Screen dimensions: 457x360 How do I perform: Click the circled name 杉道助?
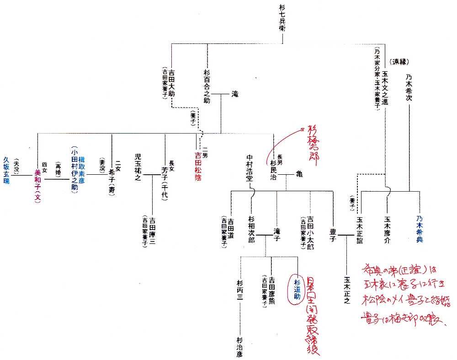297,289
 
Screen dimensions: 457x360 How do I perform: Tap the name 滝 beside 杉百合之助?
235,94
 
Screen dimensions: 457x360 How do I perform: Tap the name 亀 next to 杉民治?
299,174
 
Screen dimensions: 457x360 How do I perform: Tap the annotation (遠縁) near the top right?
399,61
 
